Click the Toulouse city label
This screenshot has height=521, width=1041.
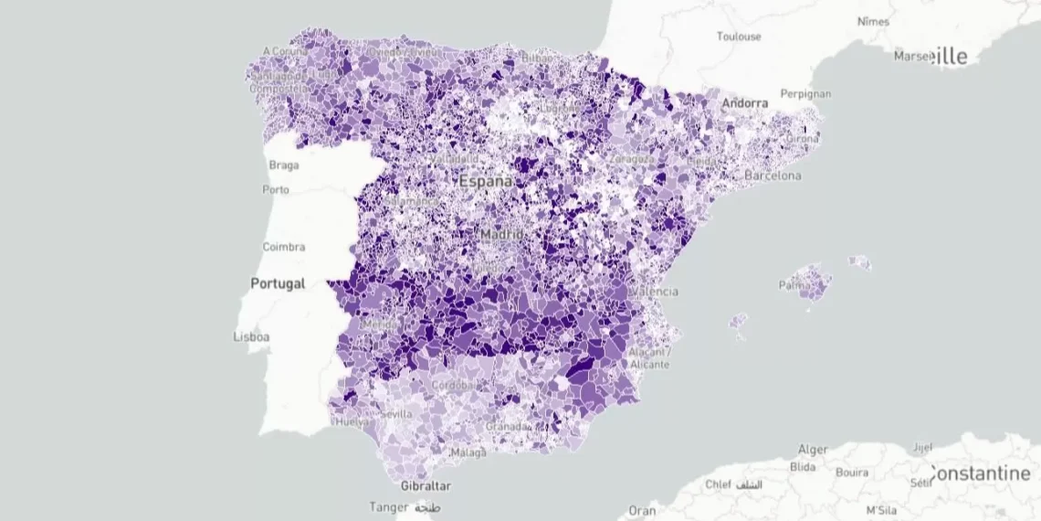pos(739,37)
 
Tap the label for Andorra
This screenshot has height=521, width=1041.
pos(745,103)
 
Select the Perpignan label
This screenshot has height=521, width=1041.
pos(805,93)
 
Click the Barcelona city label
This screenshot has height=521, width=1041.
pos(773,175)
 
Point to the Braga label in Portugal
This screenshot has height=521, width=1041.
pos(284,165)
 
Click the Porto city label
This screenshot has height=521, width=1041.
pos(275,189)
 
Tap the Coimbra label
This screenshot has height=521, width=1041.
pos(284,247)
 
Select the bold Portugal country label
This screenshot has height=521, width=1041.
pos(278,283)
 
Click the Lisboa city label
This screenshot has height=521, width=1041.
pos(251,336)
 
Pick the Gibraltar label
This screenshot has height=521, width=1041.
pos(426,486)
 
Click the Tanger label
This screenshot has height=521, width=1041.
pos(390,506)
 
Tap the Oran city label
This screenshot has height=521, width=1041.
pos(642,511)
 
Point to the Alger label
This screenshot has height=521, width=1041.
pos(813,449)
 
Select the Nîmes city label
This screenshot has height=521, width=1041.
pos(873,21)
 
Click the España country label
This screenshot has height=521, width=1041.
pos(485,181)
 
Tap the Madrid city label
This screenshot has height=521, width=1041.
pos(501,234)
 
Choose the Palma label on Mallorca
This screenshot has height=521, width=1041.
pos(794,285)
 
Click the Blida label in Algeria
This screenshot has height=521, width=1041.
pos(803,466)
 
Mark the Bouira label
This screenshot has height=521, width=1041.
pos(852,473)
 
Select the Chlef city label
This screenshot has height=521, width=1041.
pos(720,484)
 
